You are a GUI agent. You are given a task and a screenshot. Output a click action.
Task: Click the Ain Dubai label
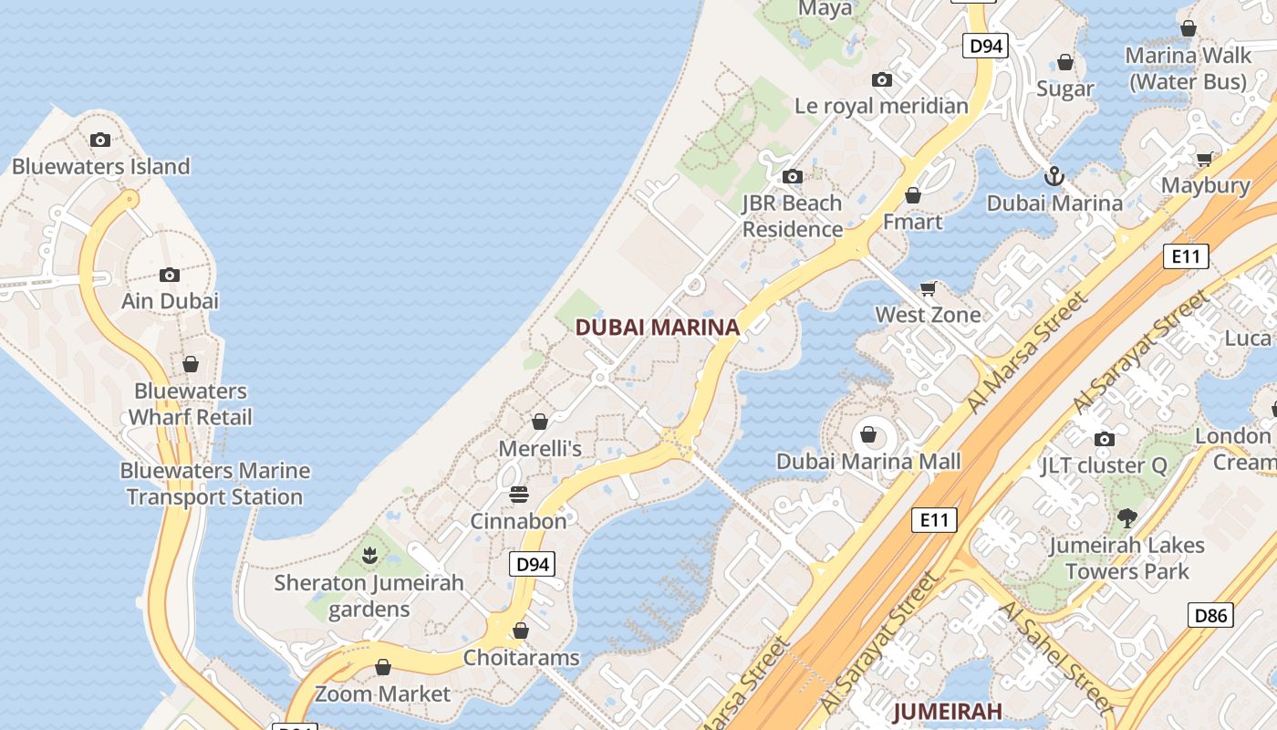pyautogui.click(x=171, y=300)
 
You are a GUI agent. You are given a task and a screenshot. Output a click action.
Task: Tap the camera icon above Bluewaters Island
pyautogui.click(x=100, y=140)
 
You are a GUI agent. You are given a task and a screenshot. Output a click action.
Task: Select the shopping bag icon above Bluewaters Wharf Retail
pyautogui.click(x=191, y=364)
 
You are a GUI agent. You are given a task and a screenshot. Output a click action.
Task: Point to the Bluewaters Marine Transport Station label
pyautogui.click(x=215, y=484)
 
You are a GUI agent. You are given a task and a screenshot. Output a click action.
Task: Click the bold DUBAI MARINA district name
pyautogui.click(x=657, y=327)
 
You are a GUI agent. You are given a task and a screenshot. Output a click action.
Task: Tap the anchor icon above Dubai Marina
pyautogui.click(x=1054, y=175)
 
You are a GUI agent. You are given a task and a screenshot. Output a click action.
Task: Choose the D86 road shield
pyautogui.click(x=1211, y=615)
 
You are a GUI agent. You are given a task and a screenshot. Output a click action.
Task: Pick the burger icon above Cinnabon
pyautogui.click(x=518, y=495)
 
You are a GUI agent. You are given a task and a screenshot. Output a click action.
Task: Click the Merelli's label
pyautogui.click(x=540, y=448)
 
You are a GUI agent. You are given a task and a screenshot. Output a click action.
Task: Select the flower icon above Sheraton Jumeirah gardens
pyautogui.click(x=369, y=555)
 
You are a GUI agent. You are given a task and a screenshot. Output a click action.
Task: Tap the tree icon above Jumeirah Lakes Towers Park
pyautogui.click(x=1127, y=518)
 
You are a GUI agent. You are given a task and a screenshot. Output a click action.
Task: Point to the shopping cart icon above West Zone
pyautogui.click(x=929, y=288)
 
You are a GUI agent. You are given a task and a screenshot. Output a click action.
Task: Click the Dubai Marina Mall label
pyautogui.click(x=868, y=461)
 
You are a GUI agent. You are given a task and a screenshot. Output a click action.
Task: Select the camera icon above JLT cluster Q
pyautogui.click(x=1104, y=439)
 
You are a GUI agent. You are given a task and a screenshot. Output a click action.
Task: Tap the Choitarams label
pyautogui.click(x=521, y=657)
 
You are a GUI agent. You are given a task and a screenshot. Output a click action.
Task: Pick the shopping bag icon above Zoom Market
pyautogui.click(x=383, y=667)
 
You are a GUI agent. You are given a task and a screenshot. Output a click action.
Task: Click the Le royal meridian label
pyautogui.click(x=881, y=106)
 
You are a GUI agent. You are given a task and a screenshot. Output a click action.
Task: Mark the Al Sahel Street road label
pyautogui.click(x=1054, y=655)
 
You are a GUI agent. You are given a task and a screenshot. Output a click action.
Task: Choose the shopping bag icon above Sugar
pyautogui.click(x=1065, y=62)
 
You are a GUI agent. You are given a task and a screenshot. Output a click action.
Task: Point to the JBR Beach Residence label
pyautogui.click(x=792, y=215)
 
